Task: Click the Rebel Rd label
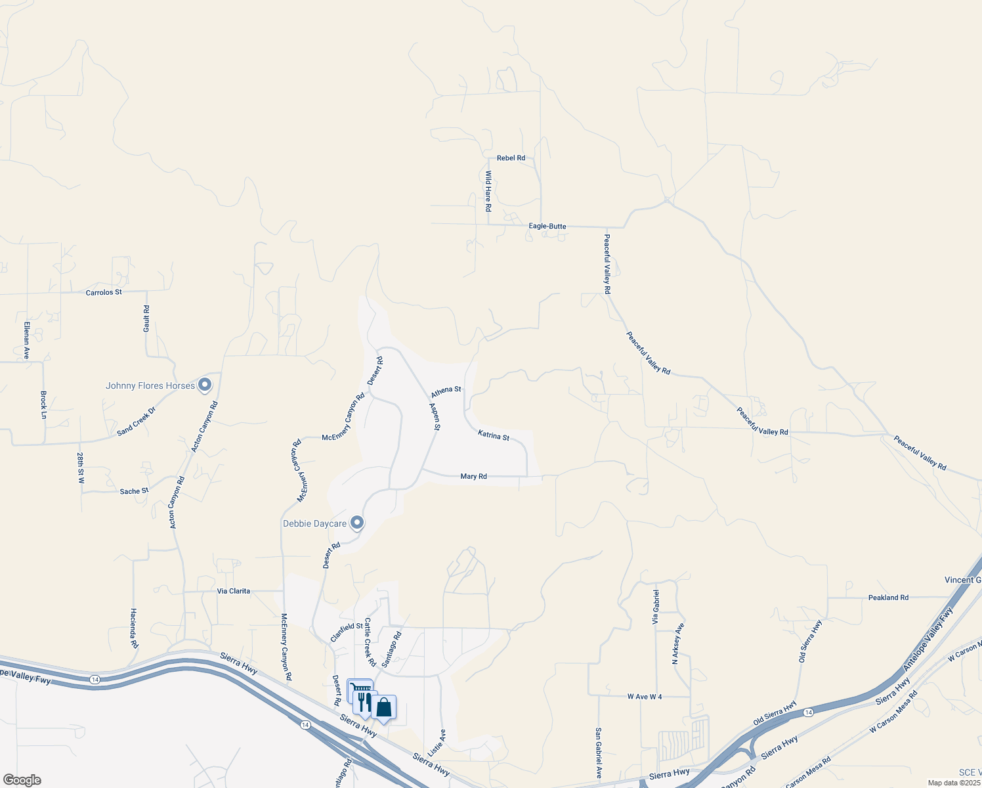[511, 158]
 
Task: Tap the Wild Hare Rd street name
[488, 191]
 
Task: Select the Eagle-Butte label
[547, 227]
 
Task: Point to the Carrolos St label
[104, 292]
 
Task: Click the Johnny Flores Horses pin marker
[205, 385]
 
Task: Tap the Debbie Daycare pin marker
[357, 523]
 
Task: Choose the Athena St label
[446, 392]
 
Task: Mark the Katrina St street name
[494, 435]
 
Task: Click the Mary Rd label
[474, 477]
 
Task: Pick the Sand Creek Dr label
[137, 422]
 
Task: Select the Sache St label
[134, 491]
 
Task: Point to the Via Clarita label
[234, 591]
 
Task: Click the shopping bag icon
[384, 708]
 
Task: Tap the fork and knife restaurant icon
[364, 702]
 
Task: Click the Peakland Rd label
[888, 598]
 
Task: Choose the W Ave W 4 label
[645, 697]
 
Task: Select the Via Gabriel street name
[656, 607]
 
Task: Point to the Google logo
[22, 780]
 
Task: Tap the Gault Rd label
[146, 318]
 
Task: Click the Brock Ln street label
[44, 405]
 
